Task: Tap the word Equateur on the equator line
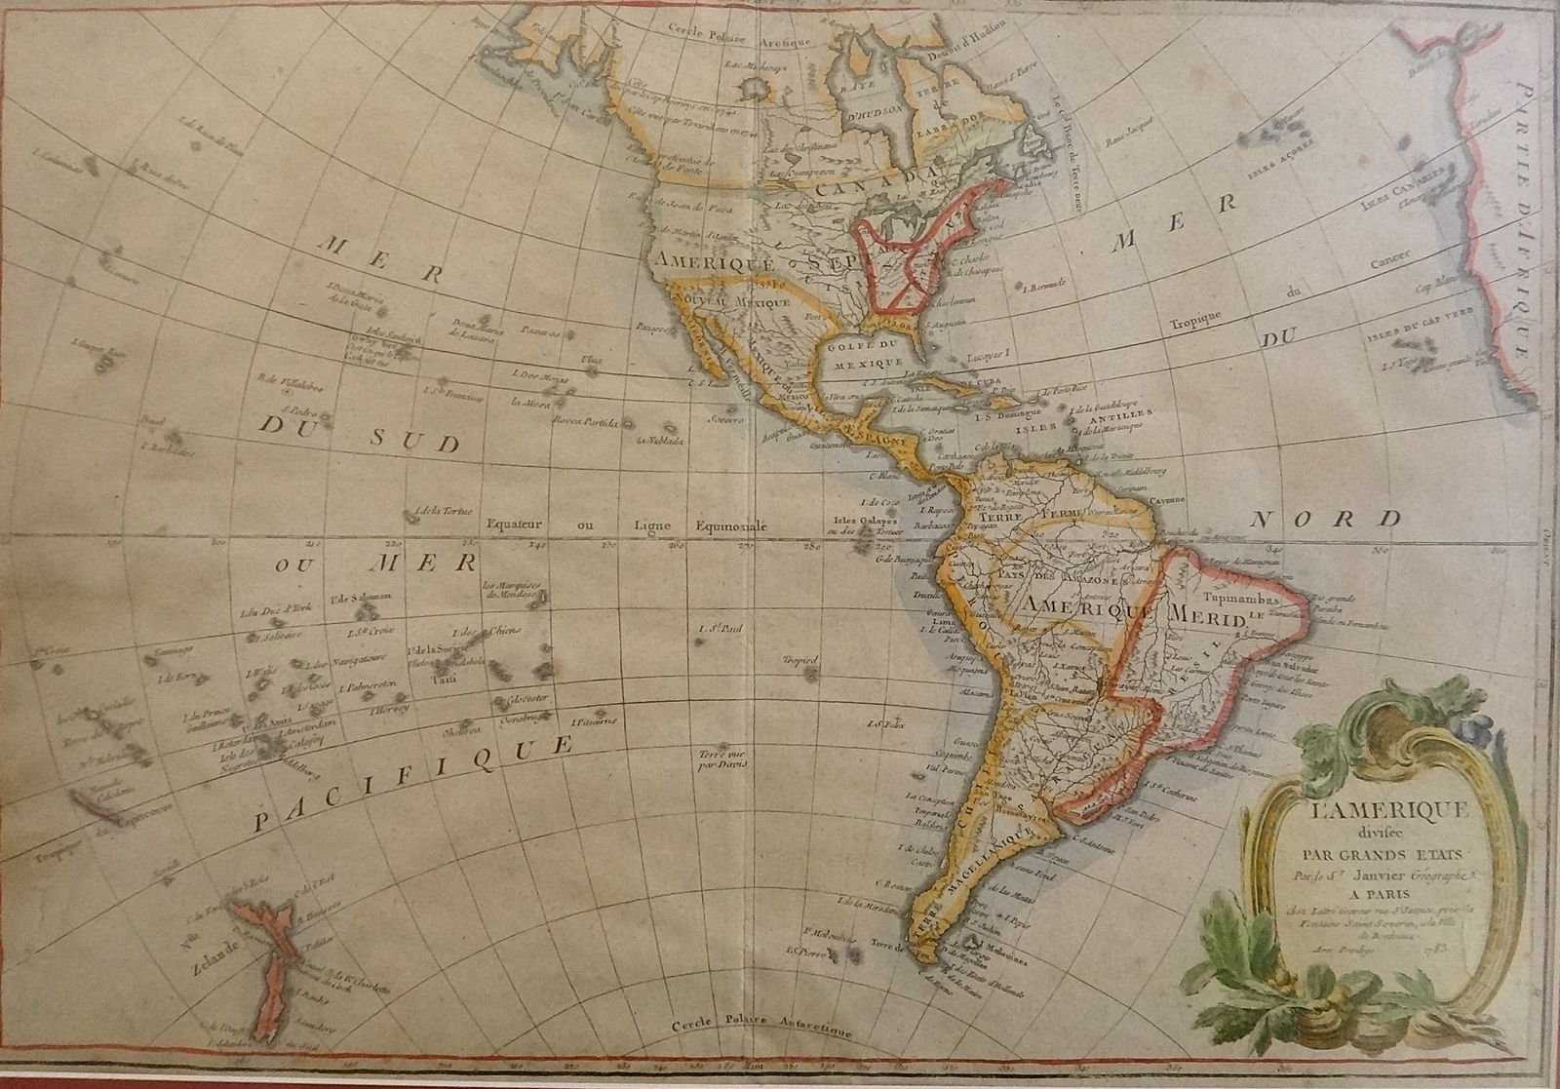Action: tap(522, 525)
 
